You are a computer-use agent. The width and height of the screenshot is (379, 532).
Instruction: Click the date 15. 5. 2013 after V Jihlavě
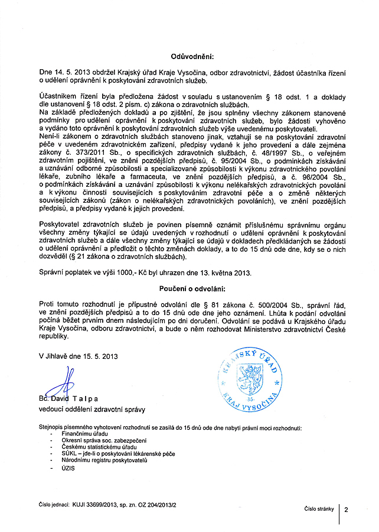coord(96,356)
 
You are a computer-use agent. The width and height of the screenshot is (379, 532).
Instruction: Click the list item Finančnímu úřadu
coord(84,434)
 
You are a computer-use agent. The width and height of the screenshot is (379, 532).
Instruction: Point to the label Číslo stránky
coord(319,508)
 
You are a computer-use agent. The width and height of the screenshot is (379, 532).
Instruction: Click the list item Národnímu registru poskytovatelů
coord(104,460)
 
